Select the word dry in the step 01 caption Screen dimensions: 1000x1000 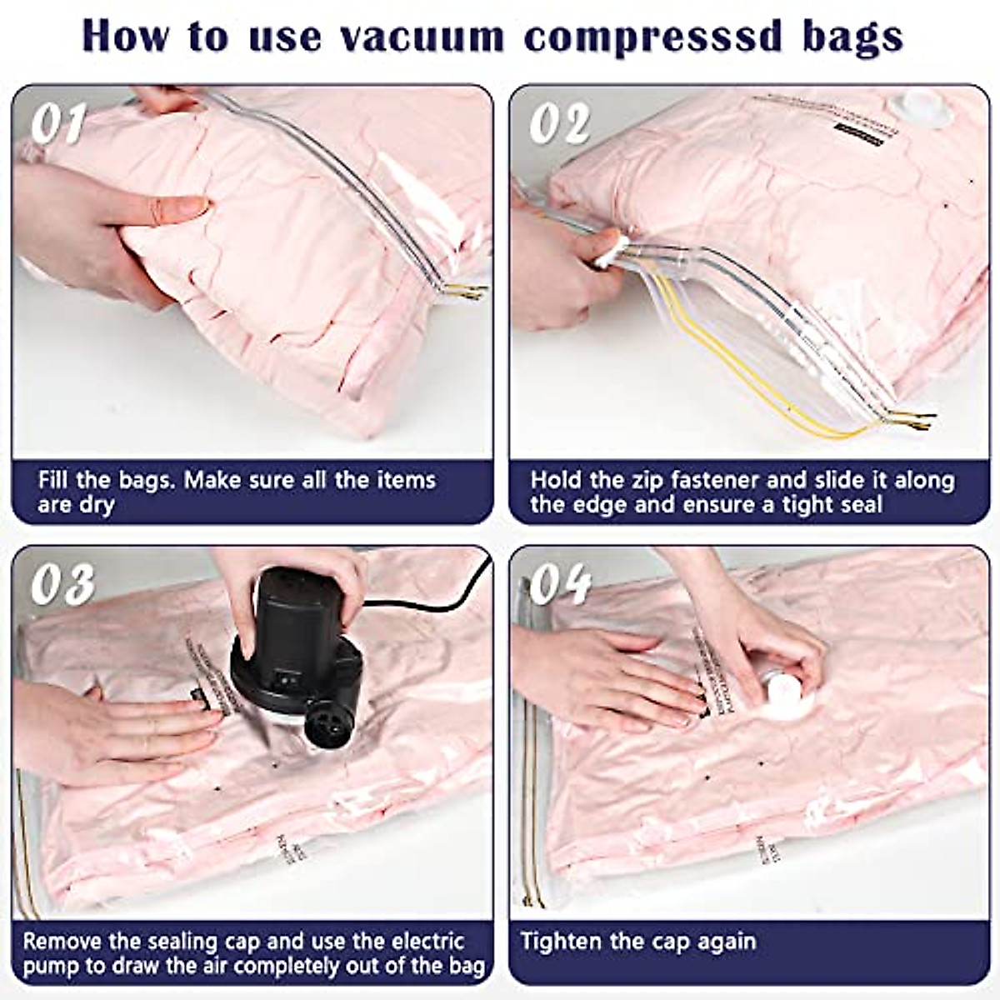click(97, 505)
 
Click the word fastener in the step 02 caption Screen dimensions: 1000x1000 click(710, 481)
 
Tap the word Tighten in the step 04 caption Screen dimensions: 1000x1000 click(561, 942)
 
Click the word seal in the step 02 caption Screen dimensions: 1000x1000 click(857, 505)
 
